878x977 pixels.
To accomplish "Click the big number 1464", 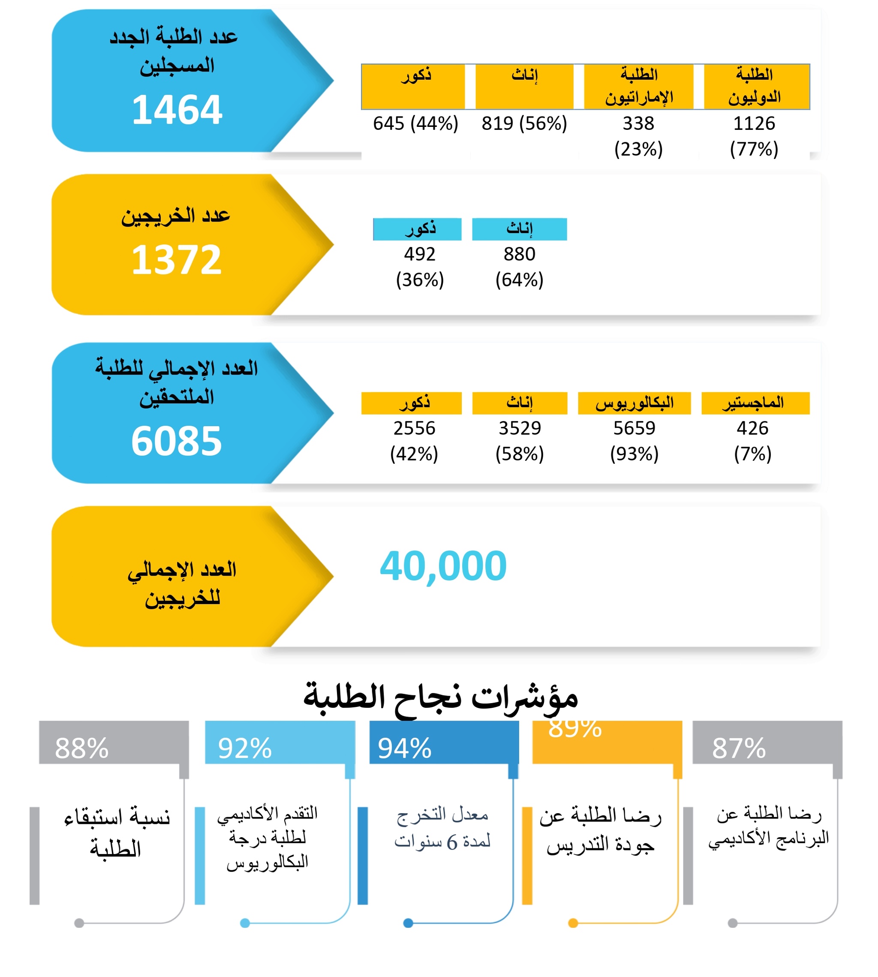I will tap(177, 110).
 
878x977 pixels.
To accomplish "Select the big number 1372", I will tap(177, 260).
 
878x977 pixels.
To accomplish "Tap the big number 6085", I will tap(177, 441).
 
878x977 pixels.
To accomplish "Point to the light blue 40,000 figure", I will tap(443, 566).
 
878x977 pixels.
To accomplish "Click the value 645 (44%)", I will tap(415, 123).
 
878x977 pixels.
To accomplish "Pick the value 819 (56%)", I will tap(524, 123).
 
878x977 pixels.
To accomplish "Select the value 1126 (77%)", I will tap(754, 136).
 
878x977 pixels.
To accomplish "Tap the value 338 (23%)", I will tap(638, 136).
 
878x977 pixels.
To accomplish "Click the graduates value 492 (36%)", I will tap(420, 267).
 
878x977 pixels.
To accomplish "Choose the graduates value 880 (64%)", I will tap(519, 267).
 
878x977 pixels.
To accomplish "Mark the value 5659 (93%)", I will tap(634, 441).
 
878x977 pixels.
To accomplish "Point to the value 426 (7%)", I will tap(752, 441).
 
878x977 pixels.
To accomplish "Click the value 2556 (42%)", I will tap(414, 441).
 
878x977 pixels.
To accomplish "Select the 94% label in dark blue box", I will tap(404, 749).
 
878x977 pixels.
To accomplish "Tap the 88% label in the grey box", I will tap(81, 749).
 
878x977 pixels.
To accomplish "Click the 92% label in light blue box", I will tap(245, 749).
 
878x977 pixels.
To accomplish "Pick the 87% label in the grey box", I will tap(739, 749).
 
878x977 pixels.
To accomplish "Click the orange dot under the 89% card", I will tap(573, 923).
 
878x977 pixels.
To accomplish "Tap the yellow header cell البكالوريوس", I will tap(634, 403).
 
